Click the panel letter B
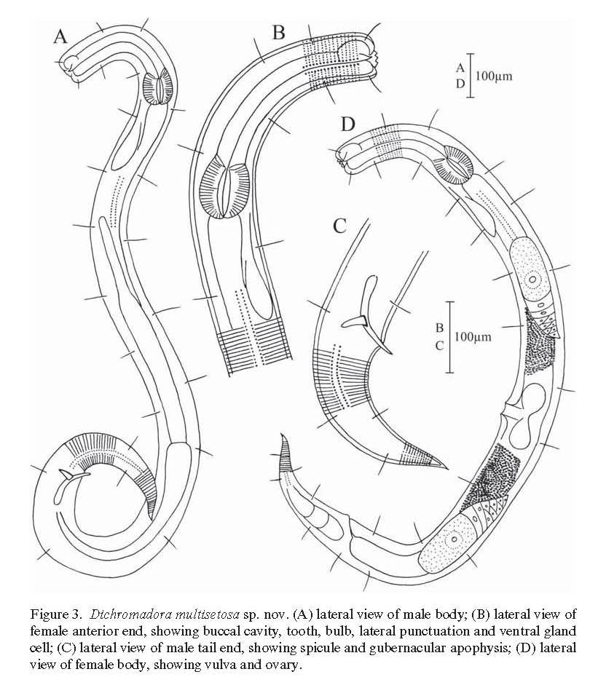pyautogui.click(x=278, y=32)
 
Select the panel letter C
pyautogui.click(x=339, y=226)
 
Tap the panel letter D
pyautogui.click(x=348, y=124)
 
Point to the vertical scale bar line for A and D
pyautogui.click(x=469, y=74)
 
